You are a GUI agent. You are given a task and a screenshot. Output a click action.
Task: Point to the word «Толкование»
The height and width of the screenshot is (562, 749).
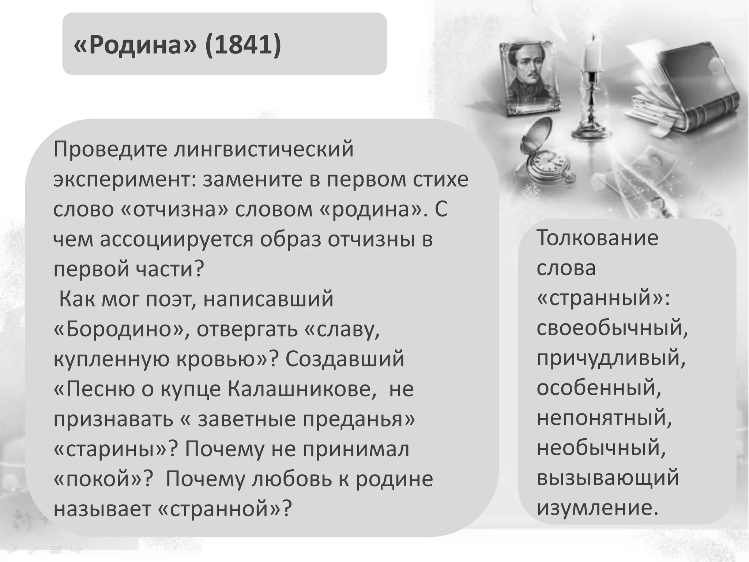[597, 238]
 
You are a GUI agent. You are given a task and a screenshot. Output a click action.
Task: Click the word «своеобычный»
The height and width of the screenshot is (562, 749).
[612, 328]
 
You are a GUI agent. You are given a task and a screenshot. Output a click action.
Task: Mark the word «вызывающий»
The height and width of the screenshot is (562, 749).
[607, 478]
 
